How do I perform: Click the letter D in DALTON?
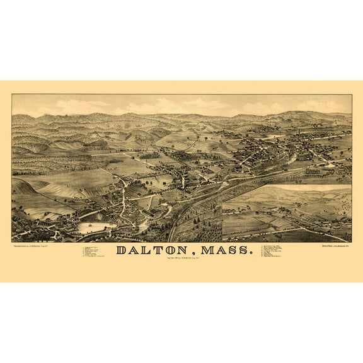tap(123, 250)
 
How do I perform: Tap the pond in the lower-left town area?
tap(95, 228)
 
